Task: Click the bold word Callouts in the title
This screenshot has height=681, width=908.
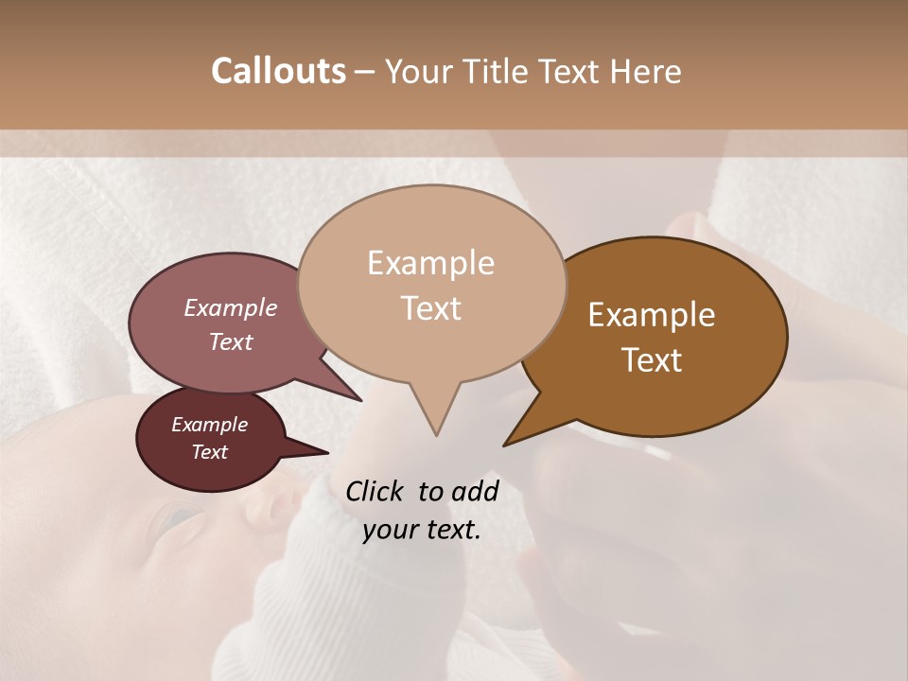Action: point(278,71)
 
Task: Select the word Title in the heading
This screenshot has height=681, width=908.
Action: point(496,71)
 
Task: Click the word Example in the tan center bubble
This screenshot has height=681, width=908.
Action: point(430,263)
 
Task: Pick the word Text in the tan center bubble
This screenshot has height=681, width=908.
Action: point(430,308)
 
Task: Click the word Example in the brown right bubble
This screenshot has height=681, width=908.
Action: point(652,315)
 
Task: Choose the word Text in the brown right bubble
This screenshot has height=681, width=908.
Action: point(652,360)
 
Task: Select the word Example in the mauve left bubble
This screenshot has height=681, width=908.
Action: point(230,308)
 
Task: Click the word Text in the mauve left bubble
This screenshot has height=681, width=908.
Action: point(230,341)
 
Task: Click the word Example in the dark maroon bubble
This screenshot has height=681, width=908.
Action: point(209,425)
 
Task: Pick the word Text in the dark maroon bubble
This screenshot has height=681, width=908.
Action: point(209,452)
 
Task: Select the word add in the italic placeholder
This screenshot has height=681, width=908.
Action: point(475,492)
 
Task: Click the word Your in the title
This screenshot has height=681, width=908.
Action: point(417,71)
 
